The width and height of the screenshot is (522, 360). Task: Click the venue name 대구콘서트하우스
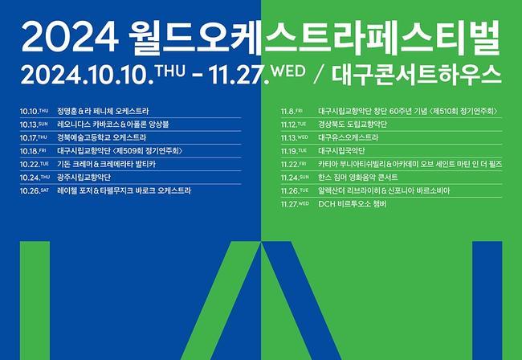(417, 75)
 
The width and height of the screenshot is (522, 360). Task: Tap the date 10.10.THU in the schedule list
(34, 111)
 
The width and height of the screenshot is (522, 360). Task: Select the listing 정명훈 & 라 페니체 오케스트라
(103, 111)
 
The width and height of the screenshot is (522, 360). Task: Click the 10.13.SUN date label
(34, 125)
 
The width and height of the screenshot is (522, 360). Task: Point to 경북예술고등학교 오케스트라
(101, 137)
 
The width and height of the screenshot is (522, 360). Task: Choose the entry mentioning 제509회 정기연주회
(120, 151)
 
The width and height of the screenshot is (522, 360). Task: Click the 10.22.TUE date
(35, 164)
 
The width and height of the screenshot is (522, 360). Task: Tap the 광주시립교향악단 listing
(84, 177)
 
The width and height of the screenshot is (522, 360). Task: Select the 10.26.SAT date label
(35, 190)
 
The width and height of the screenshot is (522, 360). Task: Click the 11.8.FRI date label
(292, 111)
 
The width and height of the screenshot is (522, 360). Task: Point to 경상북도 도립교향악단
(353, 125)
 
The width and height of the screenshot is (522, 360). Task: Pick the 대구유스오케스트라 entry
(349, 137)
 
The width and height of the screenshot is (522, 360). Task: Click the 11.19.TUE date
(294, 151)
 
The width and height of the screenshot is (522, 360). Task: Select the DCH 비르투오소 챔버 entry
(353, 204)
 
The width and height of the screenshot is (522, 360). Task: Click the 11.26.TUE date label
(295, 190)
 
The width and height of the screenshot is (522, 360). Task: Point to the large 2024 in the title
(70, 37)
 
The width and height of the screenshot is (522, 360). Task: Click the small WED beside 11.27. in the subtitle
(288, 72)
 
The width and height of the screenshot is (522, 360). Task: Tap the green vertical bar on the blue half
(35, 301)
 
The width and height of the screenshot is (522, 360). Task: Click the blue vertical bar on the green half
(487, 301)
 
